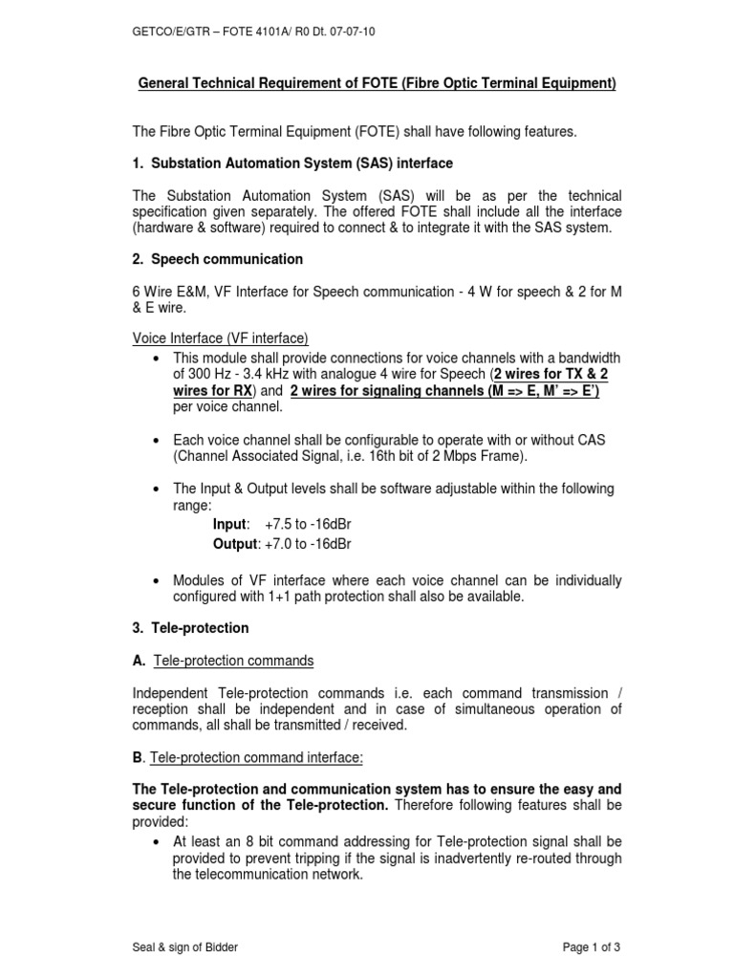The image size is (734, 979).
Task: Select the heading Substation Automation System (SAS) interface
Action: pyautogui.click(x=292, y=163)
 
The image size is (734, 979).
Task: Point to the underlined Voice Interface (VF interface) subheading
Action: pyautogui.click(x=220, y=338)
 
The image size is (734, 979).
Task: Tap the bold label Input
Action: pyautogui.click(x=230, y=525)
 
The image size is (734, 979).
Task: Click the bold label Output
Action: pyautogui.click(x=235, y=543)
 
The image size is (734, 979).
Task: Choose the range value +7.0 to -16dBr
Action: pyautogui.click(x=308, y=543)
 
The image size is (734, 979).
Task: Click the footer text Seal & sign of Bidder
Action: pyautogui.click(x=185, y=946)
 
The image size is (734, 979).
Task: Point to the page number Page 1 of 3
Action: pyautogui.click(x=592, y=946)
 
